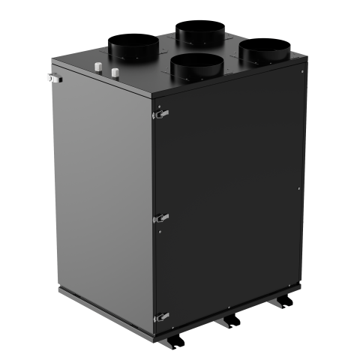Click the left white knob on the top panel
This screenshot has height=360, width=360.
point(98,70)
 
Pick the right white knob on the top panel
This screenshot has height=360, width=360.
point(115,73)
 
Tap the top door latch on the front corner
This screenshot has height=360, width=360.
point(160,114)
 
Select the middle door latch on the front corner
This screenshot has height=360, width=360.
point(160,217)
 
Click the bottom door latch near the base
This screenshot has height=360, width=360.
point(160,316)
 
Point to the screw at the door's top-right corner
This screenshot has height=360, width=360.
point(301,73)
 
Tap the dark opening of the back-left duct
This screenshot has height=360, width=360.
point(132,41)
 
